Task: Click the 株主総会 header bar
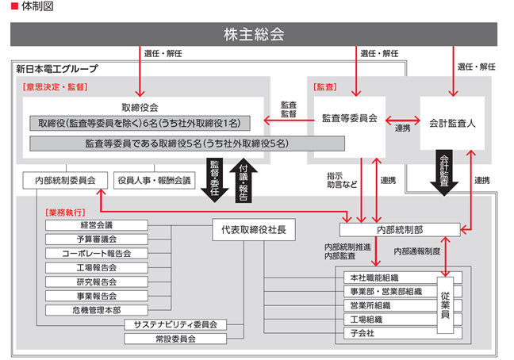tap(254, 34)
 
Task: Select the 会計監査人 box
tap(452, 123)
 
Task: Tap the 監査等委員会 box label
tap(350, 118)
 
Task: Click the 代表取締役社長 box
tap(254, 230)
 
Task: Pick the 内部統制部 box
tap(400, 230)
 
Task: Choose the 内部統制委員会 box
tap(65, 180)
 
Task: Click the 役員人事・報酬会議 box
tap(155, 180)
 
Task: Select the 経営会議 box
tap(97, 225)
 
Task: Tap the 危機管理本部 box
tap(97, 310)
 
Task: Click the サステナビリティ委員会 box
tap(175, 324)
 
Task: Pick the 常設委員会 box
tap(175, 339)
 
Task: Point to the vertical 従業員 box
tap(445, 305)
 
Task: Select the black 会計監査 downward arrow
tap(444, 173)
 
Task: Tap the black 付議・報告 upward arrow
tap(244, 180)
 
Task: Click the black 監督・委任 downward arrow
tap(215, 180)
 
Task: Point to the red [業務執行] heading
tap(65, 213)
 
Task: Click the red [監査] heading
tap(325, 86)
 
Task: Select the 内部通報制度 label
tap(417, 251)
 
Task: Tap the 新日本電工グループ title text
tap(57, 69)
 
